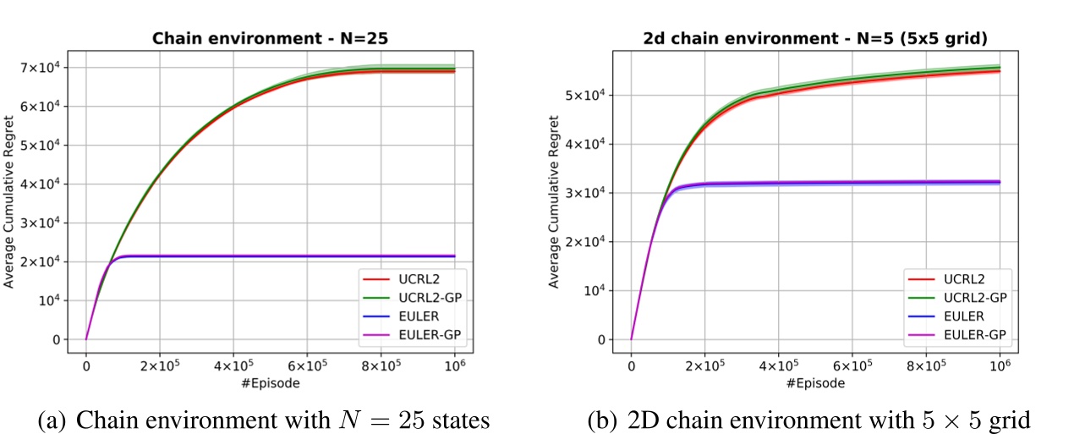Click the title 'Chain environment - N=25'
click(x=271, y=38)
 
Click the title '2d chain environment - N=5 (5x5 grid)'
click(x=815, y=38)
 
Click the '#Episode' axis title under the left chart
click(x=271, y=382)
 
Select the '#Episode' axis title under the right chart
click(x=815, y=382)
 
